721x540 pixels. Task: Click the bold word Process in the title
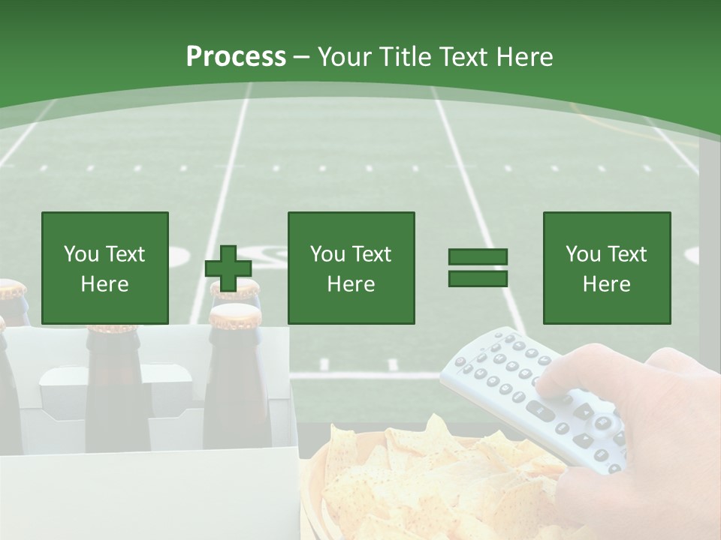click(236, 56)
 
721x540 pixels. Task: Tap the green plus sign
click(228, 268)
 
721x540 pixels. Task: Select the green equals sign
click(478, 268)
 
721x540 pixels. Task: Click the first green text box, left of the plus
click(105, 268)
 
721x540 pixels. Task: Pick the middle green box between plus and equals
click(351, 268)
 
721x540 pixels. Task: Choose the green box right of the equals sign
click(606, 268)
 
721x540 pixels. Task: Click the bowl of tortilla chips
click(421, 480)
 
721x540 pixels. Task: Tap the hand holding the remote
click(661, 420)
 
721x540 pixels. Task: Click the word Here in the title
click(523, 56)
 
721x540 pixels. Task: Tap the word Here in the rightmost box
click(606, 284)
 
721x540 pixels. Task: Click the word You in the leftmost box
click(81, 254)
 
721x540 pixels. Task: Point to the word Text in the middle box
click(371, 254)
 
